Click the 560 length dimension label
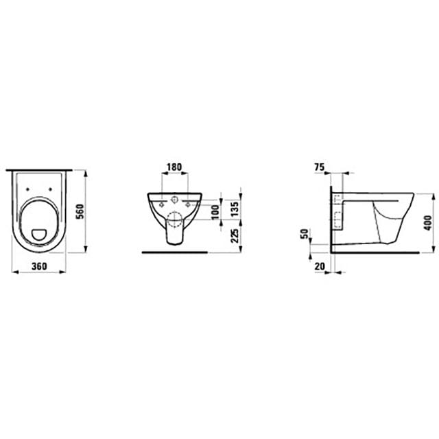(x=80, y=212)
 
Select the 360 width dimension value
(x=39, y=266)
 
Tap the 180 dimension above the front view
(x=174, y=167)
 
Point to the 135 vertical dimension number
(x=235, y=209)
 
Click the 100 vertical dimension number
(x=215, y=212)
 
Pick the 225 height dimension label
(x=235, y=236)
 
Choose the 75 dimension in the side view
(x=319, y=167)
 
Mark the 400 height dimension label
(x=427, y=223)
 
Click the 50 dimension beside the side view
(x=304, y=234)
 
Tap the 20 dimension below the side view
(x=320, y=266)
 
